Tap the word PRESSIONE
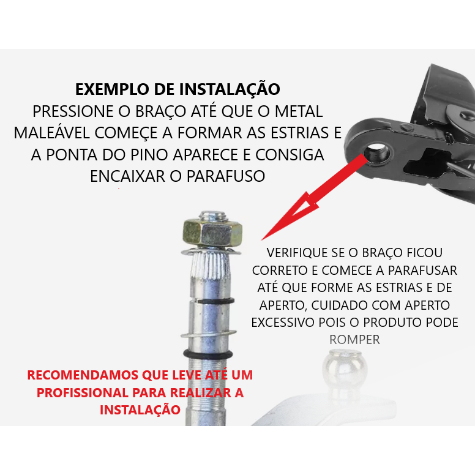click(x=73, y=111)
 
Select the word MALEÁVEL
click(x=52, y=133)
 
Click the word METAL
click(x=299, y=111)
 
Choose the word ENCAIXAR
click(x=127, y=176)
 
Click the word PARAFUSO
click(x=226, y=176)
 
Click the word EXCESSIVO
click(x=283, y=323)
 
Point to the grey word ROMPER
click(x=354, y=340)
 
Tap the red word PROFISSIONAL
click(x=83, y=392)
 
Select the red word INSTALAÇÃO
click(x=140, y=410)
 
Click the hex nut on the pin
click(x=212, y=233)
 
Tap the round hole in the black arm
click(x=378, y=152)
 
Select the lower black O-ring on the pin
click(x=208, y=354)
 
